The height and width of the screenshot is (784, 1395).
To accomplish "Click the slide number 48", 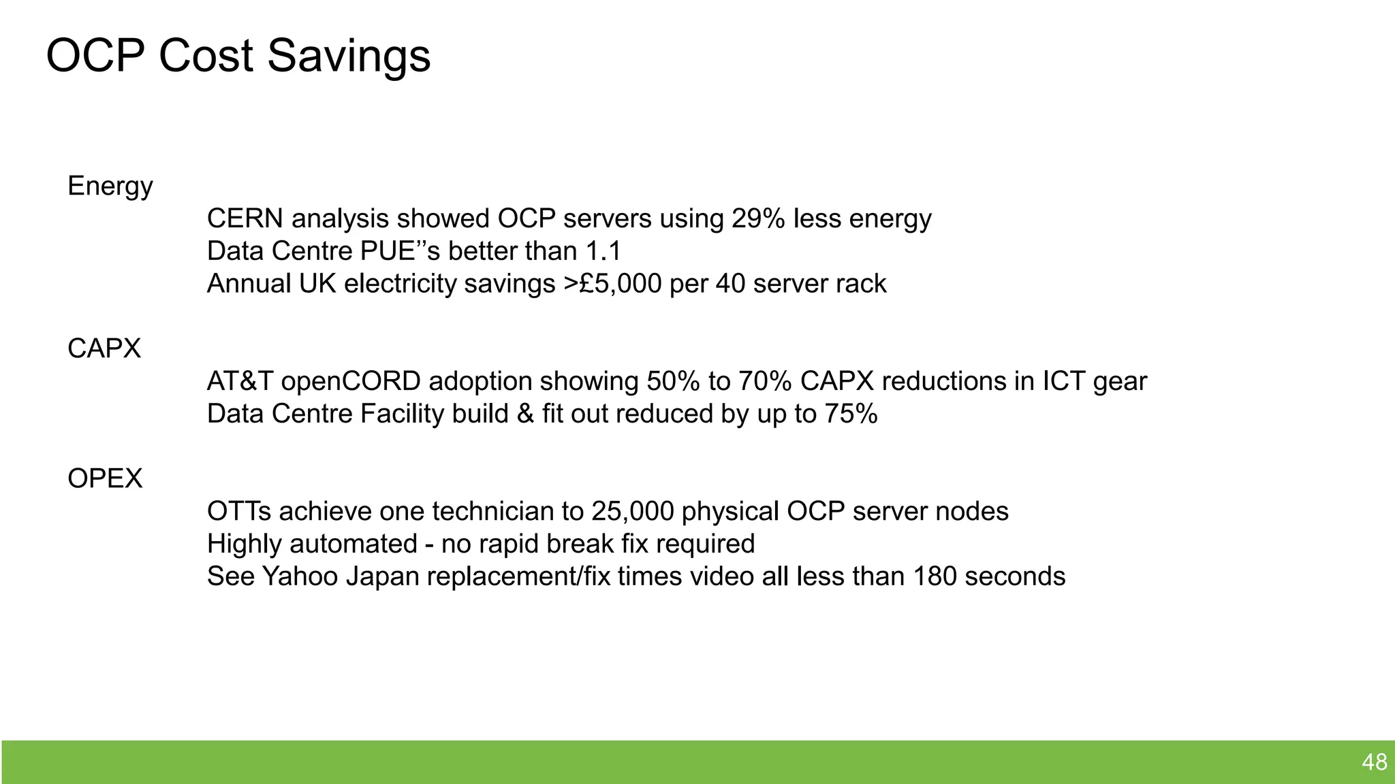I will (1374, 762).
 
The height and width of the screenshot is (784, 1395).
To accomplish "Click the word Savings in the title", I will (349, 56).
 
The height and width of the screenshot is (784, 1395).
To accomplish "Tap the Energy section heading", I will (110, 186).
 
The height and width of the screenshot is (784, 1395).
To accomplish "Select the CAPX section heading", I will (104, 348).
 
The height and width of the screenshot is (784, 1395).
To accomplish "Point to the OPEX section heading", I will (105, 478).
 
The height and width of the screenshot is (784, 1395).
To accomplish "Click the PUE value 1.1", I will (604, 251).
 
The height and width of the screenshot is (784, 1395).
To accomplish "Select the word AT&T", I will (240, 381).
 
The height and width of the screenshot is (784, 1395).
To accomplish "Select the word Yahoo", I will (300, 576).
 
